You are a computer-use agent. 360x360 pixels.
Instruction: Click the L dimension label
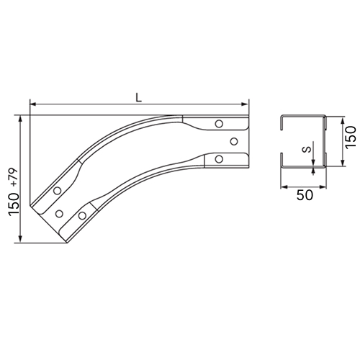139,97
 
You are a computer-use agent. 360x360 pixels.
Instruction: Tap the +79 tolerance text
14,177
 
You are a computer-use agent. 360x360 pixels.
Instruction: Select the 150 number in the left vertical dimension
14,204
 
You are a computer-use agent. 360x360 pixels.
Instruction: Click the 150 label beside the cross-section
351,138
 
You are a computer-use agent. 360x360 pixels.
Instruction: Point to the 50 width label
305,195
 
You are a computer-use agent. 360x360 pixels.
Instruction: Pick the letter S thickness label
307,150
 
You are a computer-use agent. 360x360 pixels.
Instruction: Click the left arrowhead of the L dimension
33,104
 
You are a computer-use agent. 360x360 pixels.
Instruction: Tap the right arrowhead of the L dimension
245,104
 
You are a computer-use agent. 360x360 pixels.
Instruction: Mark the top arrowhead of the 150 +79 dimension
20,119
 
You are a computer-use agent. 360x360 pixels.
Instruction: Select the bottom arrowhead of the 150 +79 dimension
20,239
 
